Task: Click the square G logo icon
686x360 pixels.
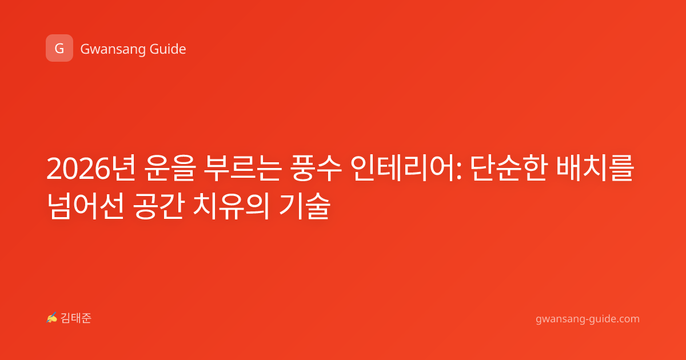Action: pyautogui.click(x=59, y=48)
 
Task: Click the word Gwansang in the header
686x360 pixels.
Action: pyautogui.click(x=113, y=50)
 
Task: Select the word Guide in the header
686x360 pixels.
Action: pyautogui.click(x=167, y=49)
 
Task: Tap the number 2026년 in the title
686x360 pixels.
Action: pyautogui.click(x=91, y=169)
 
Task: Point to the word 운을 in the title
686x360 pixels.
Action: pyautogui.click(x=169, y=169)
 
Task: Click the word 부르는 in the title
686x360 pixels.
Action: pyautogui.click(x=242, y=169)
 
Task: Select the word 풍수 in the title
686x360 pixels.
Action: pyautogui.click(x=316, y=169)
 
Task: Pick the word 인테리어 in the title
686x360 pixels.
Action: pyautogui.click(x=402, y=169)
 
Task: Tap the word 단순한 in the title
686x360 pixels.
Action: pyautogui.click(x=509, y=169)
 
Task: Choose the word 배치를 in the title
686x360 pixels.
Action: pyautogui.click(x=595, y=169)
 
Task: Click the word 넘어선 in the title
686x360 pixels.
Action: pyautogui.click(x=85, y=206)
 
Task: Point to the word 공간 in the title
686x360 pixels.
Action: pyautogui.click(x=159, y=206)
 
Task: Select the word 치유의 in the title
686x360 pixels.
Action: pyautogui.click(x=232, y=206)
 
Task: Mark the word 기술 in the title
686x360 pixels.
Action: pyautogui.click(x=304, y=206)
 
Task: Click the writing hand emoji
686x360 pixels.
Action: pyautogui.click(x=51, y=318)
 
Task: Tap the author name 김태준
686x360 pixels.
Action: pyautogui.click(x=76, y=318)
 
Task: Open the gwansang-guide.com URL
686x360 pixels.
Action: pyautogui.click(x=588, y=319)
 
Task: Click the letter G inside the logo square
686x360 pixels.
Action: pyautogui.click(x=59, y=49)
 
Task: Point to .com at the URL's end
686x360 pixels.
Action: pyautogui.click(x=627, y=319)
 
